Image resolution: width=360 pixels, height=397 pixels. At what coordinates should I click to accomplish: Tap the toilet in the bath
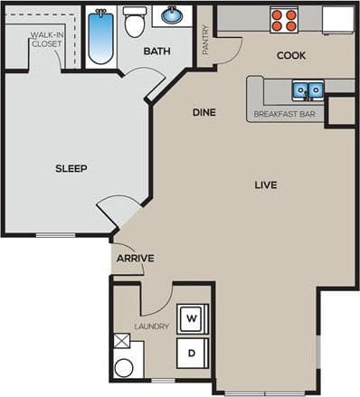[135, 23]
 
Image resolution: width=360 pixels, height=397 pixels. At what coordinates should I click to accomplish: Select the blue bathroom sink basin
[172, 15]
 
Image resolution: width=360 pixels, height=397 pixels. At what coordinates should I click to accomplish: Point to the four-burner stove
[285, 19]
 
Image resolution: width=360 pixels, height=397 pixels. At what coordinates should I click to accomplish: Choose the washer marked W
[192, 318]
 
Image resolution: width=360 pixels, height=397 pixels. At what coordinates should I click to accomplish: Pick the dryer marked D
[192, 352]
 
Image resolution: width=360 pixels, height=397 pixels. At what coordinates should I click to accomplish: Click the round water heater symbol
[124, 366]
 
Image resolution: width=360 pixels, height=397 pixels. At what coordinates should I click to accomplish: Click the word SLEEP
[71, 168]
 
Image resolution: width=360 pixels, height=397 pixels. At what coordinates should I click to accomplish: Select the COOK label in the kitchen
[291, 56]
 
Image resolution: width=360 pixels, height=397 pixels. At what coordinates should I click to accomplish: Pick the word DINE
[204, 113]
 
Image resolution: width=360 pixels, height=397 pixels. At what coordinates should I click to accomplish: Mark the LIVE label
[265, 185]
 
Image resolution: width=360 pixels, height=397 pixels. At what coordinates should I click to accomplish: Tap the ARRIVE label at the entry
[135, 259]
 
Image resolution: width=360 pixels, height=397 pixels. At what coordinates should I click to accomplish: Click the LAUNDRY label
[151, 326]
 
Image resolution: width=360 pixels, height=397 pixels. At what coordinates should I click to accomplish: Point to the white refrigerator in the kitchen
[337, 19]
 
